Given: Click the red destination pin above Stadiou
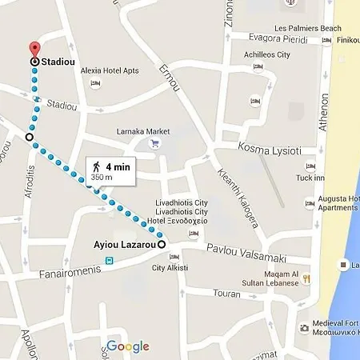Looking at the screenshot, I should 34,49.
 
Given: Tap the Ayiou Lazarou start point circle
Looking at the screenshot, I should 161,243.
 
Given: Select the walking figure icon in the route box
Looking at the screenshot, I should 96,167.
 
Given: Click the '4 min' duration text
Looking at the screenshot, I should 118,166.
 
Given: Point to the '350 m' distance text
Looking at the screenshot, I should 102,177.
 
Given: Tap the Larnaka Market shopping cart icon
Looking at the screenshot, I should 155,144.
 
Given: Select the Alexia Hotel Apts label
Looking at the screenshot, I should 110,70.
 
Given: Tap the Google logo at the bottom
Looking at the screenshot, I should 128,346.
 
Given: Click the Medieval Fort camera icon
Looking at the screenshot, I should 304,327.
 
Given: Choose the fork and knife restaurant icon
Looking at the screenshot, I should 306,279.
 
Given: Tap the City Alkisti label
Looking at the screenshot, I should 170,268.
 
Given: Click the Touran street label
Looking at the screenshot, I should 226,294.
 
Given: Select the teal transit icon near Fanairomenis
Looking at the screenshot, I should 108,259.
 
